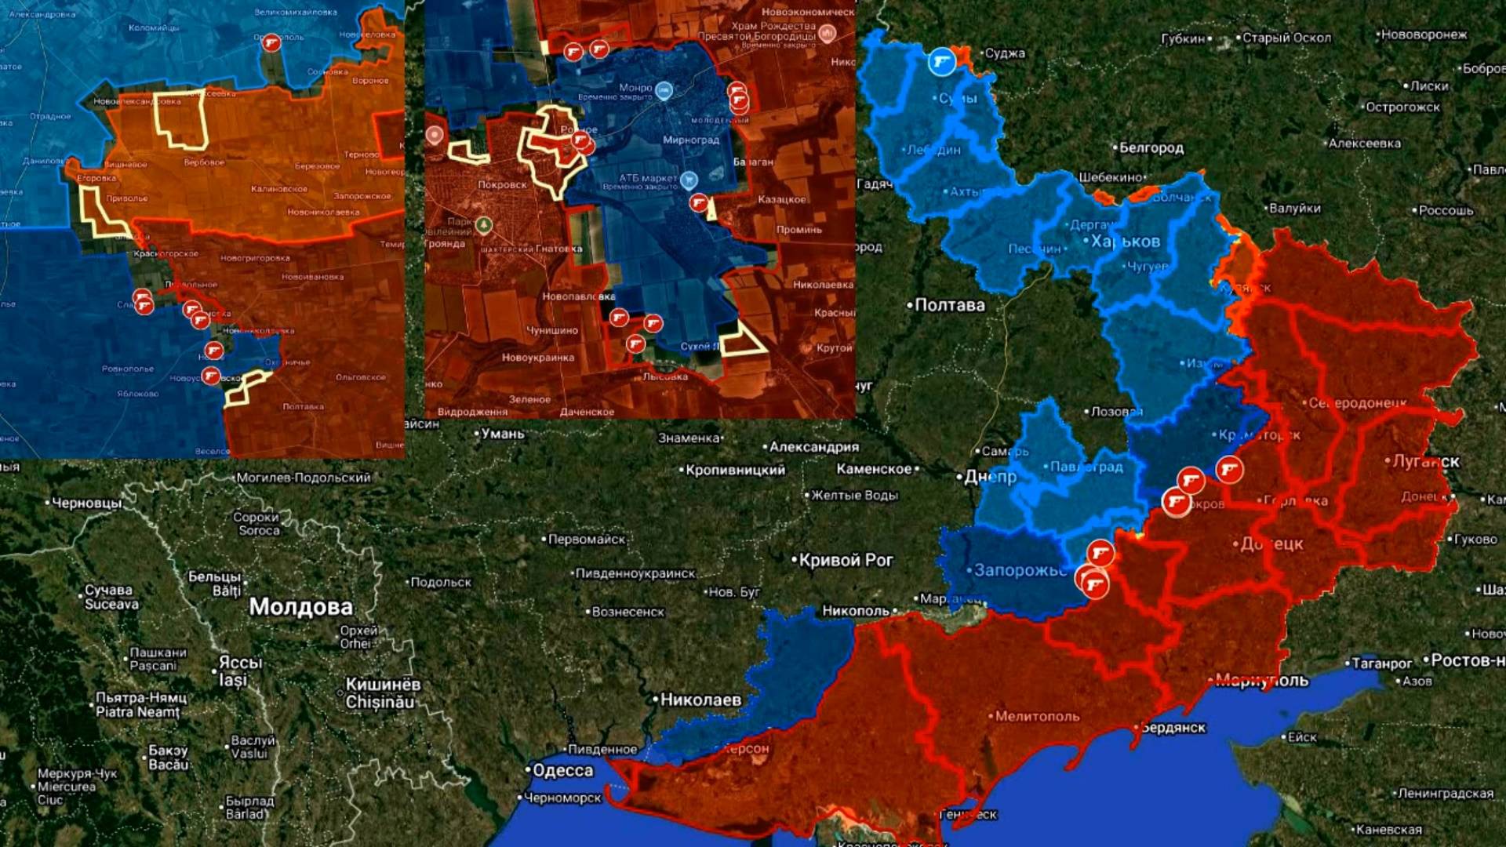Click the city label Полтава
click(950, 305)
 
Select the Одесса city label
click(562, 770)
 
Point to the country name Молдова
click(300, 607)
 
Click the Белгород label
click(1151, 147)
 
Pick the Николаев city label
click(700, 700)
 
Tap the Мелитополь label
click(1037, 716)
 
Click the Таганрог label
click(1381, 663)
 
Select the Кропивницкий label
click(735, 471)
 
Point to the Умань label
click(502, 434)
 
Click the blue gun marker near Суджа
click(942, 61)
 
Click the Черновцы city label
click(86, 503)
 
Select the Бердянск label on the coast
click(1173, 728)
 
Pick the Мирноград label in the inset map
click(691, 140)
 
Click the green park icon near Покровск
click(485, 226)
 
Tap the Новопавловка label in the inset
click(578, 296)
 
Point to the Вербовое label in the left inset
click(204, 162)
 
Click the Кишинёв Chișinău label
click(383, 693)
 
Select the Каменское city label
click(874, 469)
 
